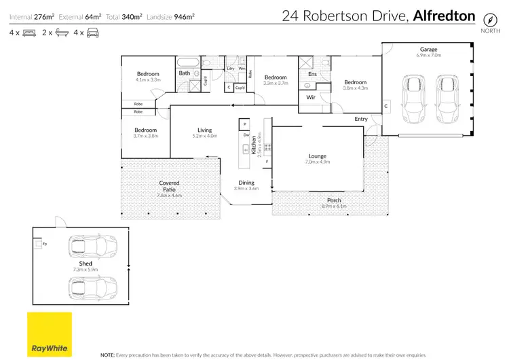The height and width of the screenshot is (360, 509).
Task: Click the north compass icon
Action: tap(488, 18)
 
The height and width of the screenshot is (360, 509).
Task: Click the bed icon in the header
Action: tap(29, 33)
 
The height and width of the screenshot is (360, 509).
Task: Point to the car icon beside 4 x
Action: tap(92, 33)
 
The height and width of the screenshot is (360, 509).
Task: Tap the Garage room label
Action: tap(428, 50)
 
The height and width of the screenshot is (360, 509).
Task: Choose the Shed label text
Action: tap(85, 264)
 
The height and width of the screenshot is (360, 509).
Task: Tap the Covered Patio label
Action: tap(169, 186)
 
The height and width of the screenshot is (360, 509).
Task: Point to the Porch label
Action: tap(334, 200)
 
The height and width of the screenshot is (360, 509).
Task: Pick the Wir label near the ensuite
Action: tap(311, 98)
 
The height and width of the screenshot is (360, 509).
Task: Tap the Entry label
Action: tap(360, 119)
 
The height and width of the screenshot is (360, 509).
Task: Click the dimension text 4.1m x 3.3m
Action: tap(147, 80)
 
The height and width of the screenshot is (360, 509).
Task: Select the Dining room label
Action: tap(246, 182)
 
